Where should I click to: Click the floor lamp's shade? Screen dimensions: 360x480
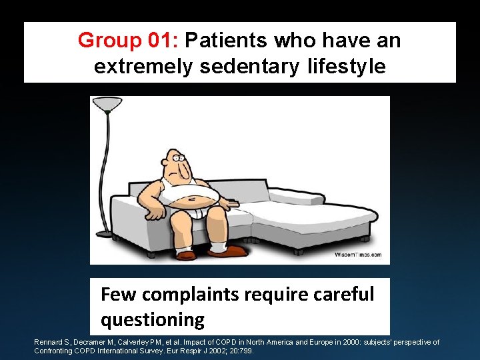point(107,103)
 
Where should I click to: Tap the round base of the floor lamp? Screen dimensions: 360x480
point(105,233)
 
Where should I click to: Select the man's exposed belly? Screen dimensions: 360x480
point(193,196)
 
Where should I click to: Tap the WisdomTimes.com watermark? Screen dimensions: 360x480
point(357,255)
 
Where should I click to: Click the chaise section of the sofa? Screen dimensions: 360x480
point(313,217)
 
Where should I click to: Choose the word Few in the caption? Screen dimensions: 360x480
point(119,294)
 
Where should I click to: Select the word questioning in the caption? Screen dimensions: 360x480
point(153,319)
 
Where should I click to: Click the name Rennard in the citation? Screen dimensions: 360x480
point(50,342)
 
